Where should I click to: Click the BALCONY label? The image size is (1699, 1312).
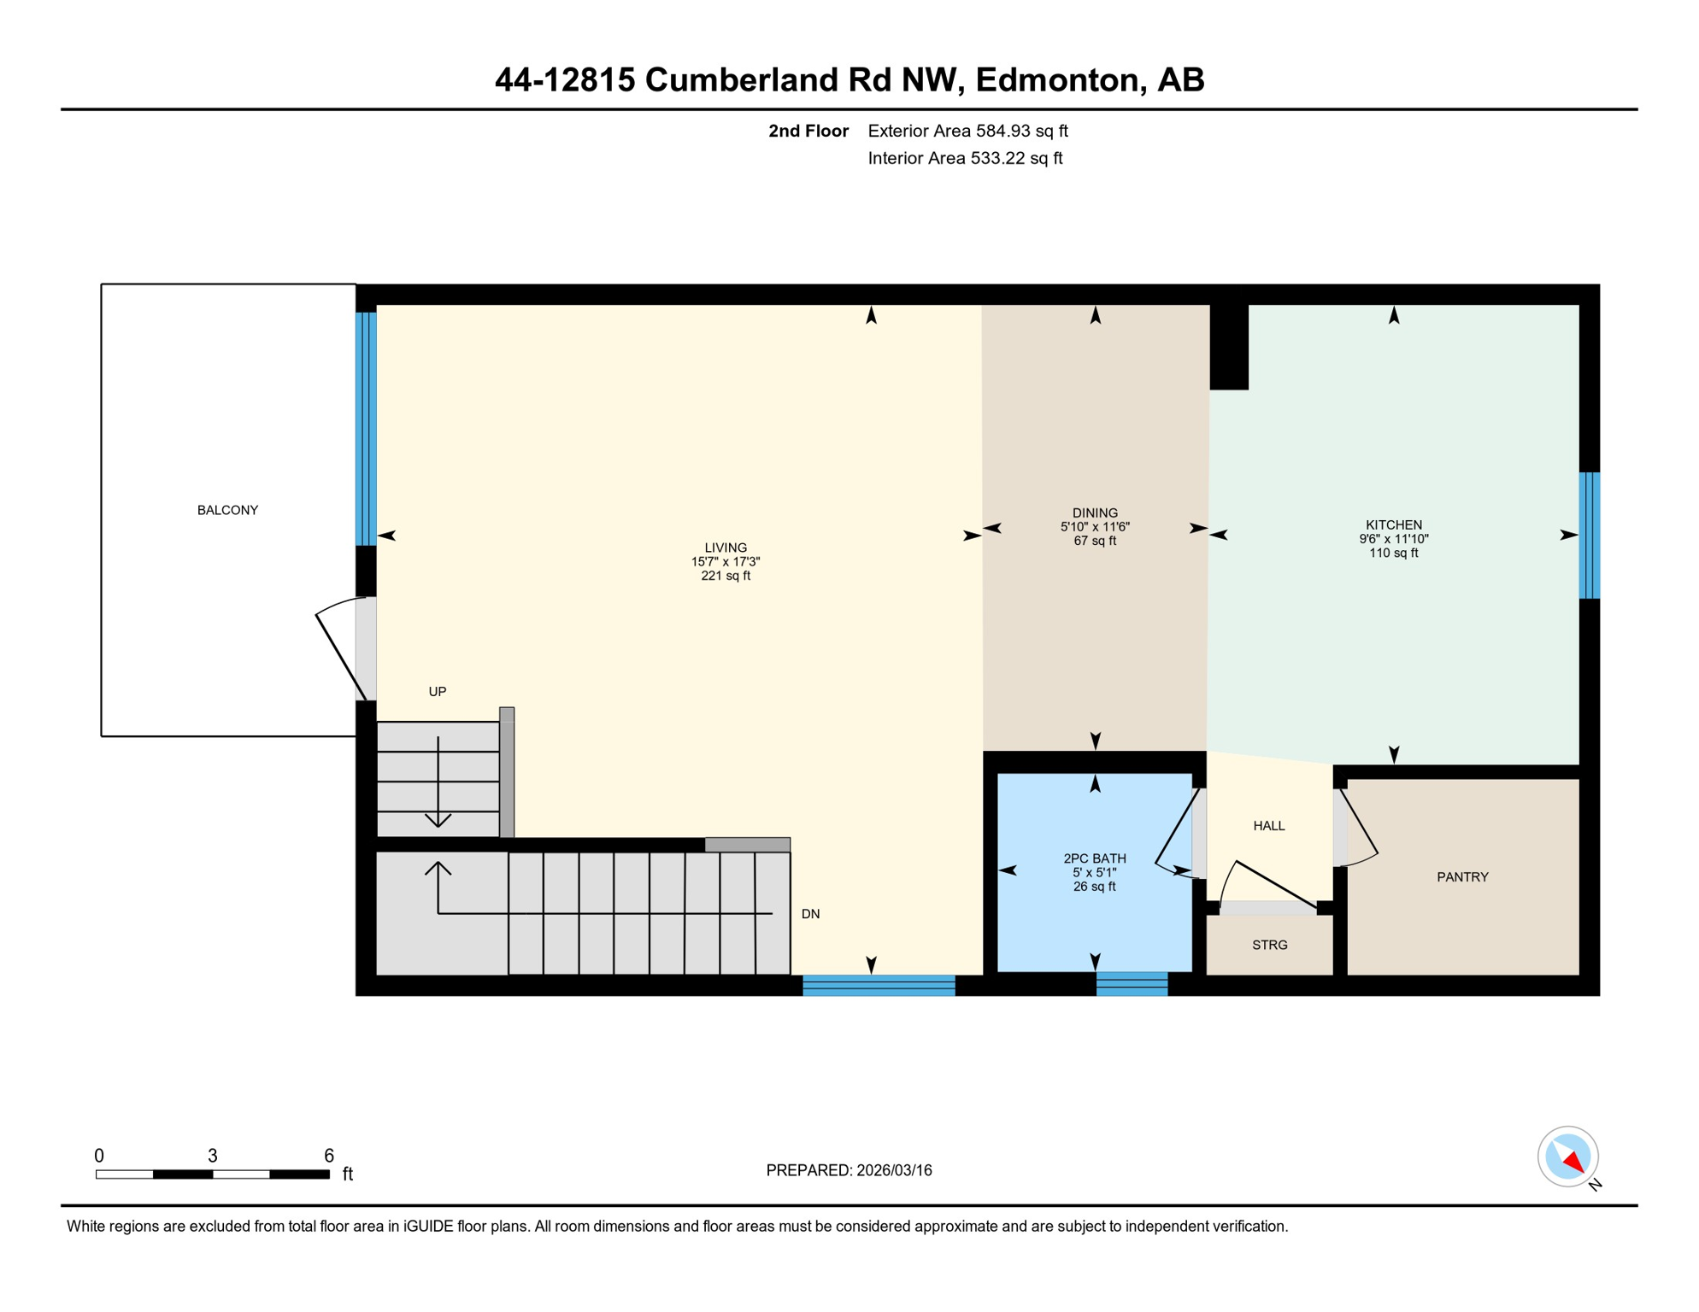coord(227,510)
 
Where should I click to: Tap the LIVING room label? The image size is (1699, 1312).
coord(726,548)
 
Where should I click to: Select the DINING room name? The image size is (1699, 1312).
coord(1095,513)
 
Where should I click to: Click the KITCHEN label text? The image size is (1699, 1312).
coord(1393,525)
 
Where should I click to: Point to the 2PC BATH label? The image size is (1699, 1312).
coord(1094,858)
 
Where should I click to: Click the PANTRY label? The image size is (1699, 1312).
coord(1462,877)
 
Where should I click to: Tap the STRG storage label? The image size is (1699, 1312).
coord(1269,945)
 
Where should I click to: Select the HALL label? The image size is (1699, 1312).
coord(1268,826)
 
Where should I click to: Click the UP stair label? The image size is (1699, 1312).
coord(437,692)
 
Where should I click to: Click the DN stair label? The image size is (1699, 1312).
coord(810,914)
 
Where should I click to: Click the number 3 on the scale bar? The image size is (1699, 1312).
coord(213,1156)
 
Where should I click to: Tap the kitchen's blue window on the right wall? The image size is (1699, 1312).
coord(1589,536)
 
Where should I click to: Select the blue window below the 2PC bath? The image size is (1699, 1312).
coord(1132,984)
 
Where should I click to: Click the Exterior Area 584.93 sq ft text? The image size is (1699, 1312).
coord(967,131)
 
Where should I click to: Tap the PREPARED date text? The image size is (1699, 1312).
coord(849,1170)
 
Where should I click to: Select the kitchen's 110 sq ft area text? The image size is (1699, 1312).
coord(1393,553)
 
